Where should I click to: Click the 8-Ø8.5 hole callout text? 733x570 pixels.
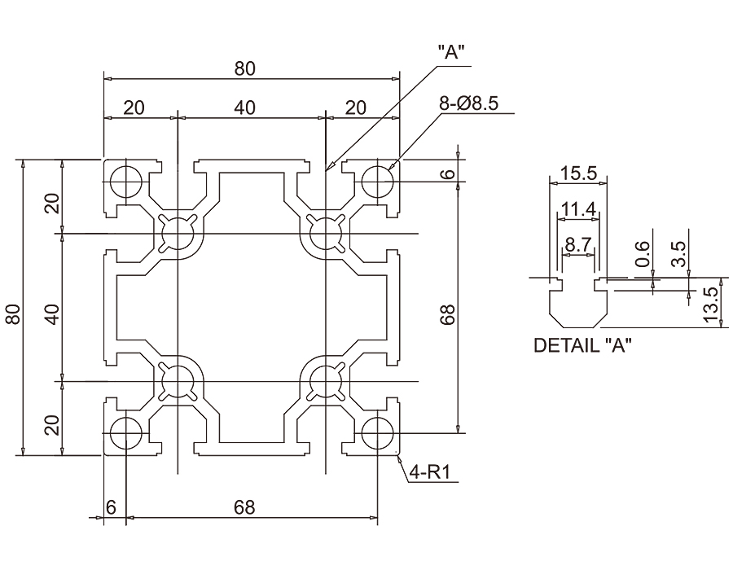[469, 103]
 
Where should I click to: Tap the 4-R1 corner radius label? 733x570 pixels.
[429, 473]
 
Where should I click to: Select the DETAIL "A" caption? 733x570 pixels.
[582, 345]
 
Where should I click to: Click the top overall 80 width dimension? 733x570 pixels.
[245, 68]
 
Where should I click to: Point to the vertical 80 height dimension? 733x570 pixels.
[14, 314]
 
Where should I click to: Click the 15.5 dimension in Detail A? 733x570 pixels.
[578, 173]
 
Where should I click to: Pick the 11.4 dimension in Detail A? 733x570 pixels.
[579, 210]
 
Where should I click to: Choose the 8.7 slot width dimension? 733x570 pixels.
[578, 244]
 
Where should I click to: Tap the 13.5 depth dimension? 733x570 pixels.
[709, 305]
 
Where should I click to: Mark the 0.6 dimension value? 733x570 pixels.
[643, 254]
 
